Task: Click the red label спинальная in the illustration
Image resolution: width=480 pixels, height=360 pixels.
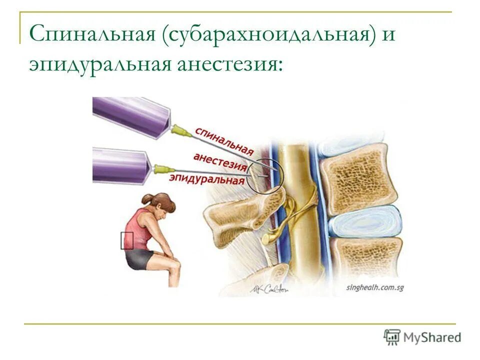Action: coord(223,140)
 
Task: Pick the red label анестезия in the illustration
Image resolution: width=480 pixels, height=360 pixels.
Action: coord(220,161)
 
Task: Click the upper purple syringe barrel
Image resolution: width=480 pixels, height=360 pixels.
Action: coord(132,117)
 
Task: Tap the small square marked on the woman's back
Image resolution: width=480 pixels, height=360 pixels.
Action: coord(127,240)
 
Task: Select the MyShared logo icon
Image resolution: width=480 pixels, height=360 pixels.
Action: coord(392,337)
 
